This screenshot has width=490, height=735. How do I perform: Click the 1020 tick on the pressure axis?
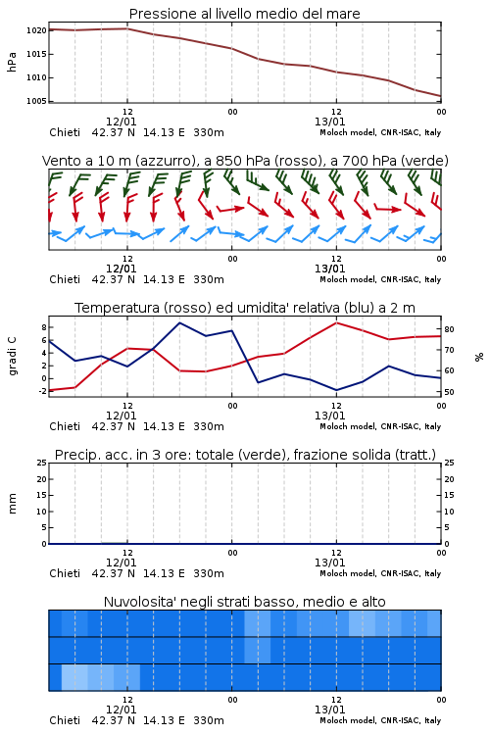pos(36,31)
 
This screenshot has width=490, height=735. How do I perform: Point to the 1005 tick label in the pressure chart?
pos(36,101)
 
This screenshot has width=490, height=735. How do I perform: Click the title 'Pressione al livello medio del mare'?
pos(244,14)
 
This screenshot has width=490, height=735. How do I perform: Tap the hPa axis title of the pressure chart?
pos(12,62)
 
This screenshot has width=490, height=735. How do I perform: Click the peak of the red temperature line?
pos(337,322)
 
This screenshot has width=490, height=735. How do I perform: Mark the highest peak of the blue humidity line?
pos(180,322)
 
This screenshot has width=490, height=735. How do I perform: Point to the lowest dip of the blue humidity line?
pos(337,390)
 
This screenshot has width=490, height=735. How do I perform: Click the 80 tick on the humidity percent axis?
pos(449,329)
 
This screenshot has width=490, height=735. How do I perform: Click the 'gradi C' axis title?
pos(13,357)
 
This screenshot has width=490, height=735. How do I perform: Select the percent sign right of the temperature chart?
pos(479,357)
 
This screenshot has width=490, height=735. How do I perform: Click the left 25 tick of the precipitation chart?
pos(42,463)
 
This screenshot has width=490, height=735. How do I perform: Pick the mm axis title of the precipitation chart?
pos(12,504)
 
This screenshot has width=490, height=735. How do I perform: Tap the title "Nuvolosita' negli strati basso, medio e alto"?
pos(244,602)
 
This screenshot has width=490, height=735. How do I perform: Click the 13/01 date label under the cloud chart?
pos(329,710)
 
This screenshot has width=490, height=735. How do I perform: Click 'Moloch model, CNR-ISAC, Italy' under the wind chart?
pos(380,279)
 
